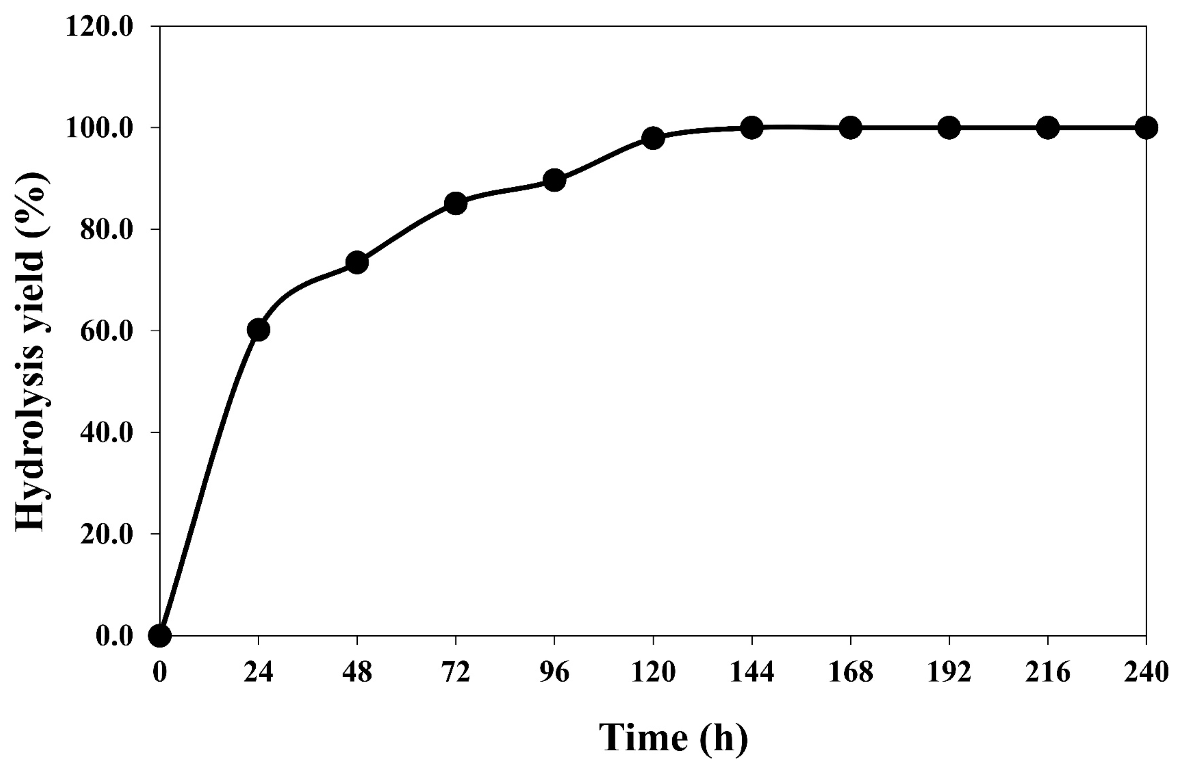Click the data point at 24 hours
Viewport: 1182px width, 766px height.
(258, 330)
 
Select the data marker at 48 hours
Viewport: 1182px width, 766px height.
(357, 262)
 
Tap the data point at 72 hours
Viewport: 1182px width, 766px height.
(456, 203)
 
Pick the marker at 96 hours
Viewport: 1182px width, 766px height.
(554, 180)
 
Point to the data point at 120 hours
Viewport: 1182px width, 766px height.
(653, 138)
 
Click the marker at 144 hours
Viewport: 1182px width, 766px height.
(751, 128)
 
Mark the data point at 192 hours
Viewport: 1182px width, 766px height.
(949, 128)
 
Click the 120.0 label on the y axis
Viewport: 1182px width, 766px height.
(100, 26)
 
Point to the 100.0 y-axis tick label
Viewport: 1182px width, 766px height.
(100, 128)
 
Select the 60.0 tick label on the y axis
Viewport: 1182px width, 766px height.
(107, 331)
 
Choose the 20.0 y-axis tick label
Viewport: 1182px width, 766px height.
(107, 534)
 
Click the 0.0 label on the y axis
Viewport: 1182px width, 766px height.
(114, 636)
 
